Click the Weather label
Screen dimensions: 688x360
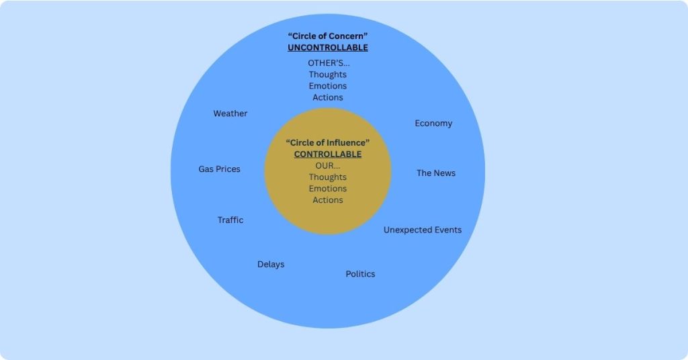tap(230, 113)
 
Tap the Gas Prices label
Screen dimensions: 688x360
tap(220, 169)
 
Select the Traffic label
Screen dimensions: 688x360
tap(230, 220)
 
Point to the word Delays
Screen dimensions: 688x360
tap(271, 264)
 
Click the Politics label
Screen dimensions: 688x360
tap(360, 273)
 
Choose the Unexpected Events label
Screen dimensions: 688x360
tap(423, 230)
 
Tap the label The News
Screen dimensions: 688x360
tap(436, 173)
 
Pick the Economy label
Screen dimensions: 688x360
tap(433, 123)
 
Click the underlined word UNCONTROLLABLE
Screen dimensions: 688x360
tap(328, 48)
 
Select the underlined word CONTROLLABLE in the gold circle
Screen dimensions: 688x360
tap(328, 154)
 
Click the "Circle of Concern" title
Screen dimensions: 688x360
tap(328, 36)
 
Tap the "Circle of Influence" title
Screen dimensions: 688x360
tap(328, 142)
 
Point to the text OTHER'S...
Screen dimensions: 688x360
tap(329, 62)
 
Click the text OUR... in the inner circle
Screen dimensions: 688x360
tap(328, 165)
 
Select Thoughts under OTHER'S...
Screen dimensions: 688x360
tap(328, 75)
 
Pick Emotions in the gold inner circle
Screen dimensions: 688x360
tap(328, 189)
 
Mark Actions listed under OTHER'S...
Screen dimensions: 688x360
tap(328, 97)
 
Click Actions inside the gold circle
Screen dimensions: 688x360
tap(328, 200)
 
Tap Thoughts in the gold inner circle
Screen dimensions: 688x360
tap(328, 177)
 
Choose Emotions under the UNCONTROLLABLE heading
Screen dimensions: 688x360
tap(328, 86)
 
